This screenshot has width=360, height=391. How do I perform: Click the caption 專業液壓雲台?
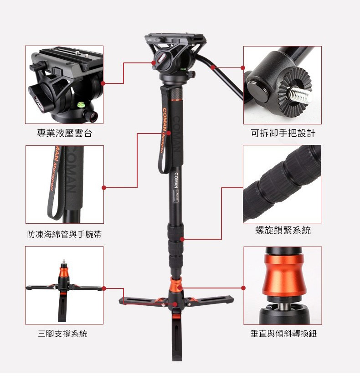click(65, 133)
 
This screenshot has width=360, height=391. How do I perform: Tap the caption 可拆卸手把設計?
click(283, 133)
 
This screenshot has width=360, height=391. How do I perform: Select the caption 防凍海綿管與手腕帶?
click(64, 234)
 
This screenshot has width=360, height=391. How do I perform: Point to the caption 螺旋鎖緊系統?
click(283, 230)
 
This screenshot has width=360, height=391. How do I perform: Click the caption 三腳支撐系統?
click(62, 334)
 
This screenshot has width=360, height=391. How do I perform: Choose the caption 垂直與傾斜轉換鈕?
click(283, 334)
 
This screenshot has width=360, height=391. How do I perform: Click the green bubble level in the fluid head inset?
click(82, 105)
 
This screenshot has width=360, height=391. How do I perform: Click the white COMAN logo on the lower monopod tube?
click(176, 180)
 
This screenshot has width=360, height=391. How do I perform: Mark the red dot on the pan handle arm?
click(213, 67)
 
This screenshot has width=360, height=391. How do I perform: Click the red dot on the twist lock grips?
click(182, 239)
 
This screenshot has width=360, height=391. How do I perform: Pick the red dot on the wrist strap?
click(169, 133)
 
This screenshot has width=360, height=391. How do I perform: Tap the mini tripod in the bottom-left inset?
click(64, 289)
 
